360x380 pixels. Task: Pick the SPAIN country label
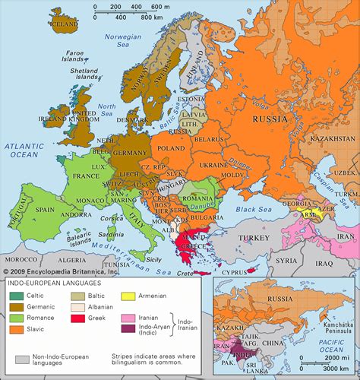(45, 209)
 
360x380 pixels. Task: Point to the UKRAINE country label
(213, 165)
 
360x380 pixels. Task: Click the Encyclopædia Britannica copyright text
(61, 271)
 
